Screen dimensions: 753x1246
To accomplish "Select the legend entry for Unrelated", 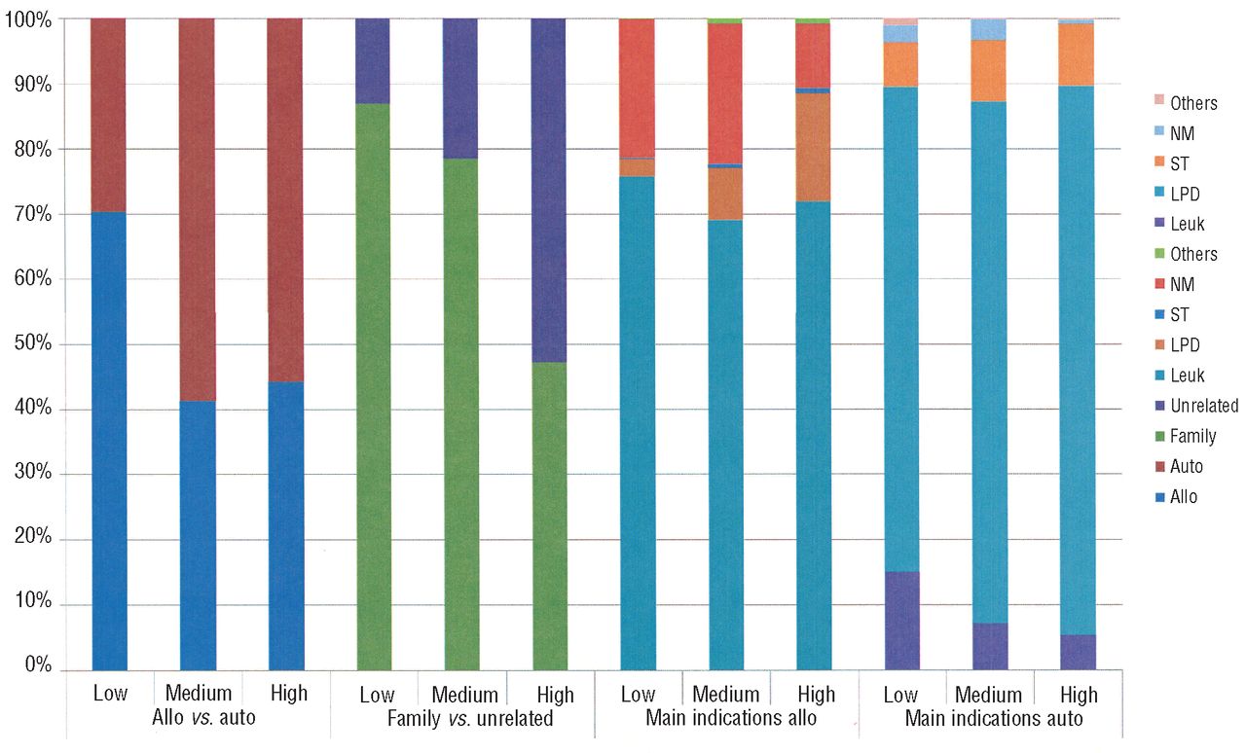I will tap(1204, 406).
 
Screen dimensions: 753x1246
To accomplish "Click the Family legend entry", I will tap(1192, 436).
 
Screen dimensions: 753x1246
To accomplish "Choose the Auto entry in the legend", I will tap(1186, 466).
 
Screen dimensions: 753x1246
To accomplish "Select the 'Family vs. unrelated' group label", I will tap(469, 719).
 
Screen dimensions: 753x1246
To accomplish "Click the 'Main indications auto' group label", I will tap(993, 719).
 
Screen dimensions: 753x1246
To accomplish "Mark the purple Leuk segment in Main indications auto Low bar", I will tap(901, 621).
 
